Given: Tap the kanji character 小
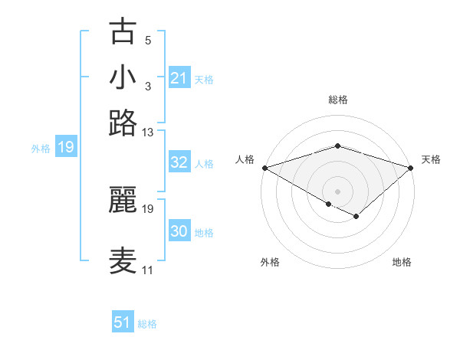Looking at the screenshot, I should pyautogui.click(x=123, y=77).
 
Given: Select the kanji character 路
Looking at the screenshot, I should pyautogui.click(x=123, y=122).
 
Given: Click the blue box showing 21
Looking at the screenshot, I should pyautogui.click(x=179, y=78).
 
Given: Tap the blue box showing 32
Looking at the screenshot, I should pyautogui.click(x=179, y=162).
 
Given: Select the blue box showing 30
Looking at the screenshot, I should pyautogui.click(x=179, y=231).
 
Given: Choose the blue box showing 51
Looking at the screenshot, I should pyautogui.click(x=123, y=322).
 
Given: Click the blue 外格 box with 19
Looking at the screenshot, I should pyautogui.click(x=66, y=148).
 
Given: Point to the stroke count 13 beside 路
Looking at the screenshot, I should pyautogui.click(x=148, y=133).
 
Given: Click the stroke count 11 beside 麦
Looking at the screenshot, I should pyautogui.click(x=147, y=270).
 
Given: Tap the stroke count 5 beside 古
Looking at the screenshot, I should pyautogui.click(x=148, y=41).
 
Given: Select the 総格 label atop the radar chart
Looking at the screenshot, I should pyautogui.click(x=338, y=100).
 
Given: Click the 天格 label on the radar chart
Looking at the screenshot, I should pyautogui.click(x=432, y=159).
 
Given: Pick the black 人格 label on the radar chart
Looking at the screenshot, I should pyautogui.click(x=245, y=159).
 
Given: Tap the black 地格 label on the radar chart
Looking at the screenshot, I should pyautogui.click(x=402, y=263).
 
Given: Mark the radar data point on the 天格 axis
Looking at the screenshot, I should pyautogui.click(x=411, y=167).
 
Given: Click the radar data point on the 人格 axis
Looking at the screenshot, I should pyautogui.click(x=264, y=167).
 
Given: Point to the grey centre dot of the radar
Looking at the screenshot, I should pyautogui.click(x=337, y=191).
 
